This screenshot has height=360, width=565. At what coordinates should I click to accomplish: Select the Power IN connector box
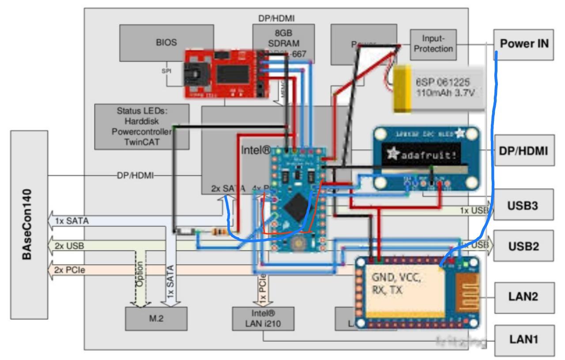point(524,44)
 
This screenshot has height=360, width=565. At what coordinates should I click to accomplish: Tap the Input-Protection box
point(433,44)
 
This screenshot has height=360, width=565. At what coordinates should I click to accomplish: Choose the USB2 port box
point(524,246)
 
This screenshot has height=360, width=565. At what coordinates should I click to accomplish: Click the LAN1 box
point(524,340)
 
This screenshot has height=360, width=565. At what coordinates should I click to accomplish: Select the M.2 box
point(155,318)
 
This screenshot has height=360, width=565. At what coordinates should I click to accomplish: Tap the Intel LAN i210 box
point(263,319)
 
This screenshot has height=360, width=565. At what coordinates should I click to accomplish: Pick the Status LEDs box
point(142,126)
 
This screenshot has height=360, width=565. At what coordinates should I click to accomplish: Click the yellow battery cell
point(403,88)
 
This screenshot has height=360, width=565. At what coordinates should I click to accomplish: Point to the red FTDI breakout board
point(225,73)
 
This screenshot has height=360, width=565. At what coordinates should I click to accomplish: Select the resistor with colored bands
point(219,231)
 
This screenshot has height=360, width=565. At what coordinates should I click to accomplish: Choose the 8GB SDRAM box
point(283,40)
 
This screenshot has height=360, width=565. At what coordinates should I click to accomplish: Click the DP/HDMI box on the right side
point(524,151)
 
